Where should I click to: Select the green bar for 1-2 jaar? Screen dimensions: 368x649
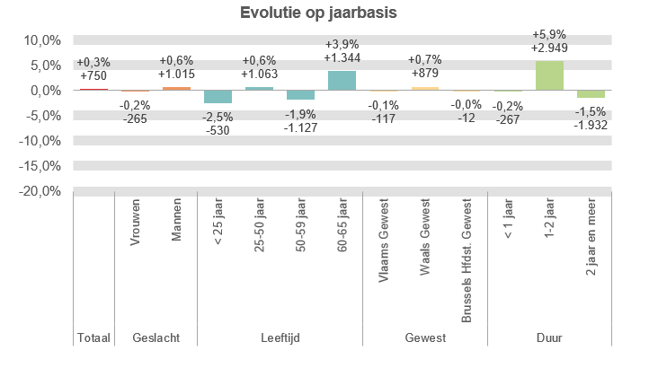(549, 75)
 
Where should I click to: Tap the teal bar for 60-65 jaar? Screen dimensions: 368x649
(342, 81)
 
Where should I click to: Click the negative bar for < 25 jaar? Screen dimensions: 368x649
(218, 97)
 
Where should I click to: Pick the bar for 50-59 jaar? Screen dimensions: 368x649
(300, 95)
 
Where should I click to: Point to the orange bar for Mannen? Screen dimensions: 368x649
(176, 89)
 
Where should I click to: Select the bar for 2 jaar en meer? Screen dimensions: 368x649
(591, 94)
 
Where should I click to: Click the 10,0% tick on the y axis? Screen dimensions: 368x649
(40, 40)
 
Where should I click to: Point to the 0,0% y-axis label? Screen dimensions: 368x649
(42, 91)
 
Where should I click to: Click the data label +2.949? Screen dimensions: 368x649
(549, 48)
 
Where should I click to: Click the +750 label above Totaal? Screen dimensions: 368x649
(93, 76)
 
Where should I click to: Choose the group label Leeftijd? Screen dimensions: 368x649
(280, 338)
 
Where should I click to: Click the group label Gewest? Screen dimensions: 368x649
(424, 338)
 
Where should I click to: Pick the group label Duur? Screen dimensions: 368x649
(549, 338)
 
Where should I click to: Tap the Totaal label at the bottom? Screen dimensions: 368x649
(93, 338)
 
